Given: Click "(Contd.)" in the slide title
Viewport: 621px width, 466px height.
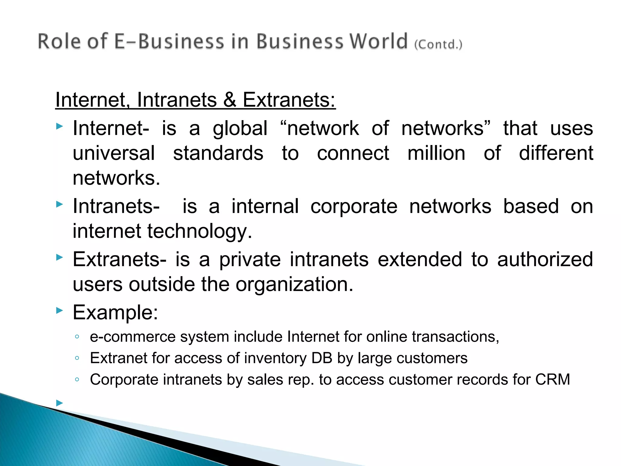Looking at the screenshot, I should (438, 44).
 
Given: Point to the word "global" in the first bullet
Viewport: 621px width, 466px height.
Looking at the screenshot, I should (240, 128).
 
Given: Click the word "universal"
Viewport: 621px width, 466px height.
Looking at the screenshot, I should (114, 153).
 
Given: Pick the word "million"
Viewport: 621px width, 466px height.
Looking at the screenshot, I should (436, 153).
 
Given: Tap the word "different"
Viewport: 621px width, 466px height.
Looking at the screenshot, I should (556, 153).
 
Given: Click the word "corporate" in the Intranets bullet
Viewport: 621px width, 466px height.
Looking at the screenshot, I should (354, 206).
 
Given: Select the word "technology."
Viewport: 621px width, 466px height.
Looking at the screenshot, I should (200, 231).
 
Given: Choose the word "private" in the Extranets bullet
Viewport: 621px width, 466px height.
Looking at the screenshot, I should (250, 259).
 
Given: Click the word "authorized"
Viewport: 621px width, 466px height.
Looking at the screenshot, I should (545, 259).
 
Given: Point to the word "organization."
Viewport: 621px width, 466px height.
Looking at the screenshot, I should (294, 284).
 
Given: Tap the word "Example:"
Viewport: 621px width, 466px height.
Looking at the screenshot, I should (116, 312).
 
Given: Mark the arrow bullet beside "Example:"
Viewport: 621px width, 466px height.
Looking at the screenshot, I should (59, 310).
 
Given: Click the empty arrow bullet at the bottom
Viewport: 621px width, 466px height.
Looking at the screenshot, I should (59, 403).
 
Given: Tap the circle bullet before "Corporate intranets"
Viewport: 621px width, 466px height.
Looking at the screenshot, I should (77, 380).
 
